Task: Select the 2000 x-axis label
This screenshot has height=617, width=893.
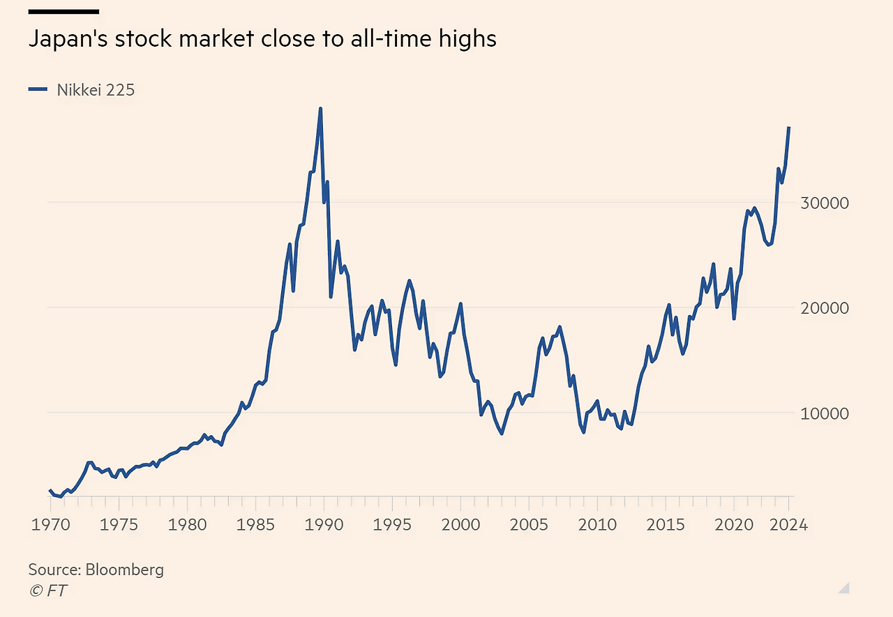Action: [460, 524]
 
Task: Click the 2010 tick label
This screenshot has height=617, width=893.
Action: [597, 524]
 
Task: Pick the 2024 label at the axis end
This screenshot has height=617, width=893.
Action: [788, 524]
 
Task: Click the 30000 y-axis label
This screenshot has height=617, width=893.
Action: [825, 203]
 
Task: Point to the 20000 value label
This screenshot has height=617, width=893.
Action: [825, 308]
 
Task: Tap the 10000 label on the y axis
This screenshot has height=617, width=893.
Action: [825, 413]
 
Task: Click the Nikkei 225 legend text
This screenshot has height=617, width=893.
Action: [96, 89]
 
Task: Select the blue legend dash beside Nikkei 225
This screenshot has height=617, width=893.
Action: [38, 89]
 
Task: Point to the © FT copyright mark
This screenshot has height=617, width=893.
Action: [47, 591]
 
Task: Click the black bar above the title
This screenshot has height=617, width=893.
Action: [63, 12]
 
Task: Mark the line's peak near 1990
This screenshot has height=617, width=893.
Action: [320, 109]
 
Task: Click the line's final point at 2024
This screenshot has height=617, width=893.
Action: [788, 128]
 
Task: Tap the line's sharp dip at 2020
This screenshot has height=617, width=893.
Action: [734, 319]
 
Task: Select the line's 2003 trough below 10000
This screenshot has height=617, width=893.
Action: [502, 434]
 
